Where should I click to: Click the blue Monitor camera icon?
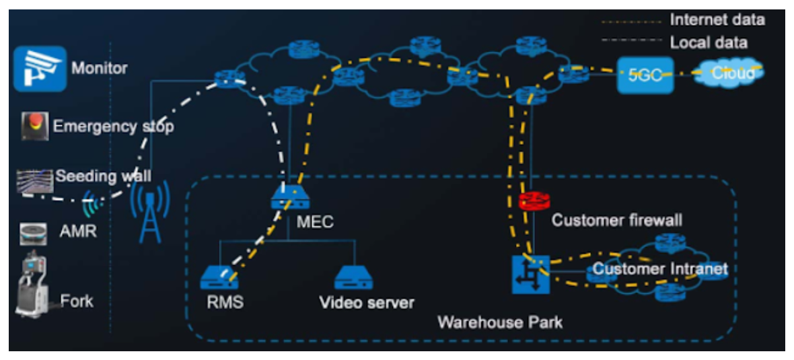(x=40, y=69)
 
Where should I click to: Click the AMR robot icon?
(x=34, y=233)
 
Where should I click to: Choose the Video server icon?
(x=354, y=277)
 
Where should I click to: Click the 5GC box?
(x=645, y=75)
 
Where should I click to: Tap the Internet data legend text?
(x=717, y=20)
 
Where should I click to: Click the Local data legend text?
(x=708, y=43)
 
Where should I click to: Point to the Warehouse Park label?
(x=499, y=322)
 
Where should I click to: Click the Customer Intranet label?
(x=659, y=270)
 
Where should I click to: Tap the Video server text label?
(x=367, y=303)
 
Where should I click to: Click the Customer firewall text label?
(x=616, y=220)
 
